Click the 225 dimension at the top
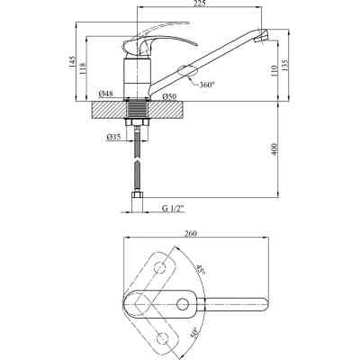pos(200,4)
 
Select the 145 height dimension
pos(72,62)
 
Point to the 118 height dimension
pos(83,68)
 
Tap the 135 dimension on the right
pos(285,64)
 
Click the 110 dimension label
pos(274,70)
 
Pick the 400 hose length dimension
pos(274,149)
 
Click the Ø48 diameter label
pos(106,94)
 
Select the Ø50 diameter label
pos(169,96)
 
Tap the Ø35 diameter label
pos(113,137)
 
